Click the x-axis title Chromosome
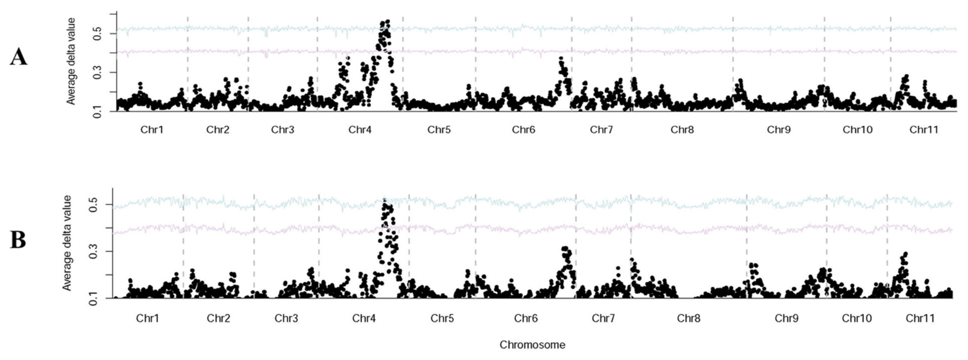pyautogui.click(x=532, y=344)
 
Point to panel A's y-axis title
pyautogui.click(x=71, y=61)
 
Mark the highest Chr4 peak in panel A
pyautogui.click(x=387, y=22)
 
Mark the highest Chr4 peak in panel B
pyautogui.click(x=384, y=200)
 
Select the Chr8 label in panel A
pyautogui.click(x=682, y=130)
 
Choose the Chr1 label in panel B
pyautogui.click(x=147, y=318)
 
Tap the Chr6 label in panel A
pyautogui.click(x=523, y=130)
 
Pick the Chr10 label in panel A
pyautogui.click(x=857, y=130)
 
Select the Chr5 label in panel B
pyautogui.click(x=442, y=318)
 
